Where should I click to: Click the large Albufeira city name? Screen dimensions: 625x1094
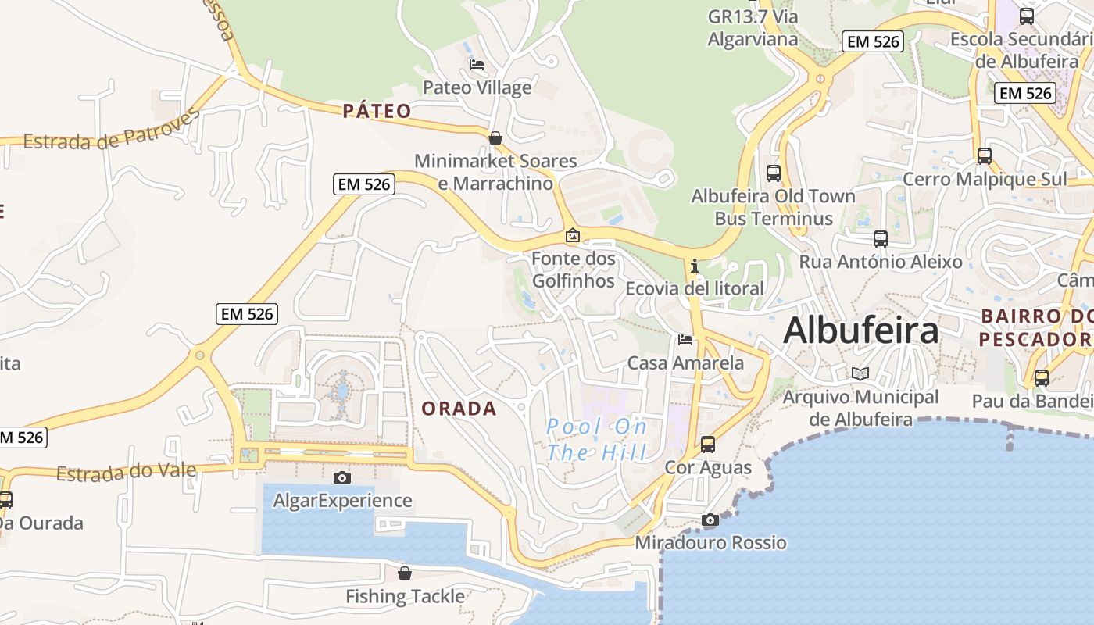pos(860,330)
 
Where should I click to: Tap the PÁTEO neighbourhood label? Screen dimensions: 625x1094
pos(377,111)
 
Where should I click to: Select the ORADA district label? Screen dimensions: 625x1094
pos(459,409)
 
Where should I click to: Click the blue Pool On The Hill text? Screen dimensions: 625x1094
pos(597,439)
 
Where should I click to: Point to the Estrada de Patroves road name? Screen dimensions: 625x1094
pos(111,132)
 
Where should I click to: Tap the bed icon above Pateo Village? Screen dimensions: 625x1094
pos(477,64)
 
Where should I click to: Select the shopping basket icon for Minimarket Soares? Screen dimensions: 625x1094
pos(495,138)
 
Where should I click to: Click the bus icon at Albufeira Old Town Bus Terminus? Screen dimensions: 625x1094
pos(774,173)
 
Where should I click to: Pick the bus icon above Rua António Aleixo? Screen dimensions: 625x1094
pos(881,238)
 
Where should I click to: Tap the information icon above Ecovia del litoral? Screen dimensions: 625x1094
pos(695,266)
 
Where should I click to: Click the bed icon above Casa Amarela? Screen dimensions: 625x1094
pos(685,339)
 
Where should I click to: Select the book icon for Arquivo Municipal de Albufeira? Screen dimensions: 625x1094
pos(860,373)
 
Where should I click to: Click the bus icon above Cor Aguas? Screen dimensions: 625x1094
pos(708,444)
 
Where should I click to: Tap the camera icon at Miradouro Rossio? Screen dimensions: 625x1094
pos(710,520)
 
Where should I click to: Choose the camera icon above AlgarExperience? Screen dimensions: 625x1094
pos(342,477)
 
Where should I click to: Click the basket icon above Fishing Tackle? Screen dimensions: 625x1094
pos(405,573)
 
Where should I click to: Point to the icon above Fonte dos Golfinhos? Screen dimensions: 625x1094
pos(573,235)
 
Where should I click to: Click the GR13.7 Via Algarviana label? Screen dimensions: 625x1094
pos(753,27)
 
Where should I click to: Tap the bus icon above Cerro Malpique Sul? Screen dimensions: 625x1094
pos(985,155)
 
